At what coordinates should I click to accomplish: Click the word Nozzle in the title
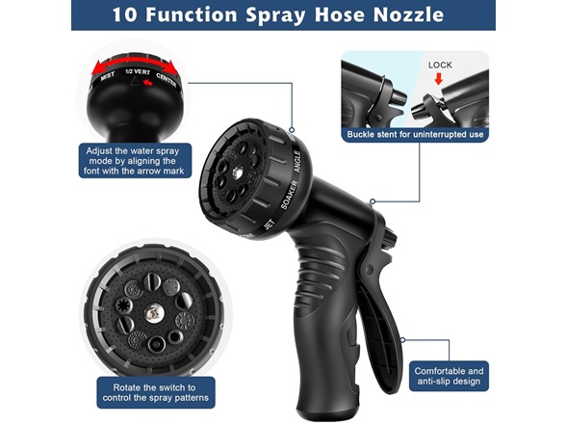[x=408, y=14]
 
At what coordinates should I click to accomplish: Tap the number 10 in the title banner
[x=124, y=14]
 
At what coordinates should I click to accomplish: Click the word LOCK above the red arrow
[x=440, y=66]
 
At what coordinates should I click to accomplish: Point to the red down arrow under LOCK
[x=439, y=79]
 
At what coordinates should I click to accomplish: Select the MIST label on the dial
[x=107, y=76]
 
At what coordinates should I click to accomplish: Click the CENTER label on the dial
[x=167, y=79]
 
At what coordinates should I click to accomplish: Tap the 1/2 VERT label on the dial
[x=138, y=71]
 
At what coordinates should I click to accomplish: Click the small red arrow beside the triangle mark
[x=148, y=83]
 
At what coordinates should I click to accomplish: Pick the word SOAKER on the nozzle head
[x=290, y=195]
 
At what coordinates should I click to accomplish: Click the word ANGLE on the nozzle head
[x=297, y=161]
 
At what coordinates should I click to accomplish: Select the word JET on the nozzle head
[x=270, y=225]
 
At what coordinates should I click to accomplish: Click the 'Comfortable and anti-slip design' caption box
[x=449, y=376]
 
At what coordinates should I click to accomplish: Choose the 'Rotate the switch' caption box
[x=156, y=393]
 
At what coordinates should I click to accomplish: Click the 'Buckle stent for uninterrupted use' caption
[x=415, y=135]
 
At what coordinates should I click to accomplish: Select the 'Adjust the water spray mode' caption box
[x=135, y=161]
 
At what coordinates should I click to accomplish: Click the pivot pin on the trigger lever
[x=370, y=269]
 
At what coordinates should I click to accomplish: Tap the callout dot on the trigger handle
[x=402, y=339]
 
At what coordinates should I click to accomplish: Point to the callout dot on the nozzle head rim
[x=292, y=130]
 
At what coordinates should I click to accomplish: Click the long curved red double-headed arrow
[x=135, y=61]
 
